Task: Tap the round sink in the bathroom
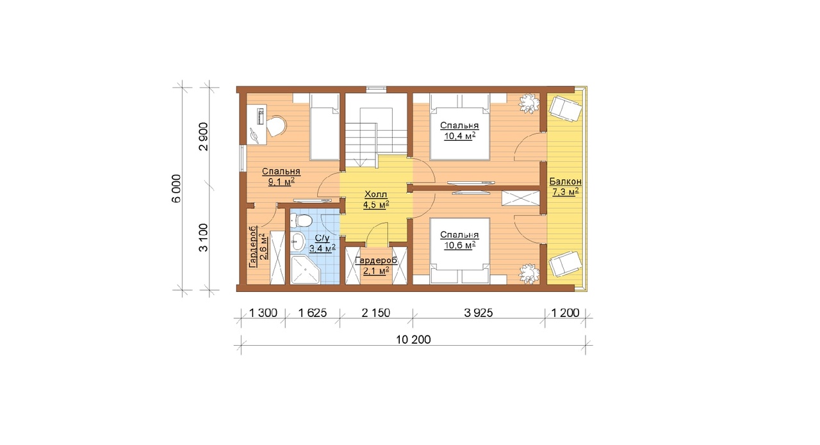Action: (299, 241)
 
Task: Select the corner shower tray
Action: (305, 270)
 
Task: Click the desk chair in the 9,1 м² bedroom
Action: (275, 126)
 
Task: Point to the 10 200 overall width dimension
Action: (413, 339)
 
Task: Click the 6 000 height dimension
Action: (176, 188)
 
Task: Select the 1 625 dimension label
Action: (312, 313)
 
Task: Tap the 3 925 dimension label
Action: (479, 313)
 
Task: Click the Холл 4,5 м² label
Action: (376, 200)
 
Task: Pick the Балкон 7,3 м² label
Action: (566, 186)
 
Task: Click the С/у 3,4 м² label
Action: (322, 244)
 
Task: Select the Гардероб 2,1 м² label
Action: (376, 266)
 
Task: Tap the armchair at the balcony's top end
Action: (565, 108)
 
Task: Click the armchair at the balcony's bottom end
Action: (565, 264)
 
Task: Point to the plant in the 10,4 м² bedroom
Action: (529, 103)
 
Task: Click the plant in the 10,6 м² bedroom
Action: (529, 274)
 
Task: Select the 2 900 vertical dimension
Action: (203, 136)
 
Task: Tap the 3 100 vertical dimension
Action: (203, 238)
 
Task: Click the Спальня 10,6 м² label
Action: (459, 240)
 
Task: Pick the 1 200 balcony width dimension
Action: (565, 313)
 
